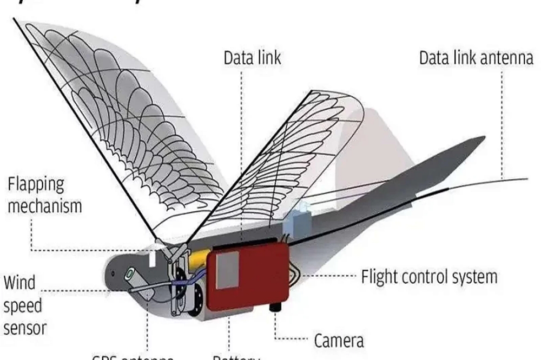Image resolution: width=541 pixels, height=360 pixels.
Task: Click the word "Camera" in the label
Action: (x=339, y=341)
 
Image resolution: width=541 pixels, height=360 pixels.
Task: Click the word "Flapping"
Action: (x=36, y=184)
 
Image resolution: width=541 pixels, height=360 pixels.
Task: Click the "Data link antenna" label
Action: (x=476, y=58)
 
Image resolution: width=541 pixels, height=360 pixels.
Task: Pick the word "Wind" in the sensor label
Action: (x=19, y=282)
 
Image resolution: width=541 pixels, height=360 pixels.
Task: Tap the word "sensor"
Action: (x=25, y=328)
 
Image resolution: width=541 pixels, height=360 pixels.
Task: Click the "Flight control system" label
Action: (x=429, y=277)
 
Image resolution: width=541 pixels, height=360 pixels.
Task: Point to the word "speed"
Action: (x=23, y=305)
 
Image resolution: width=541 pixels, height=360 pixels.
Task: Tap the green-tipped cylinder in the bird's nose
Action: (x=130, y=274)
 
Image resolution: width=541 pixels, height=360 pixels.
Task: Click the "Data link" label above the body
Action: (x=253, y=58)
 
